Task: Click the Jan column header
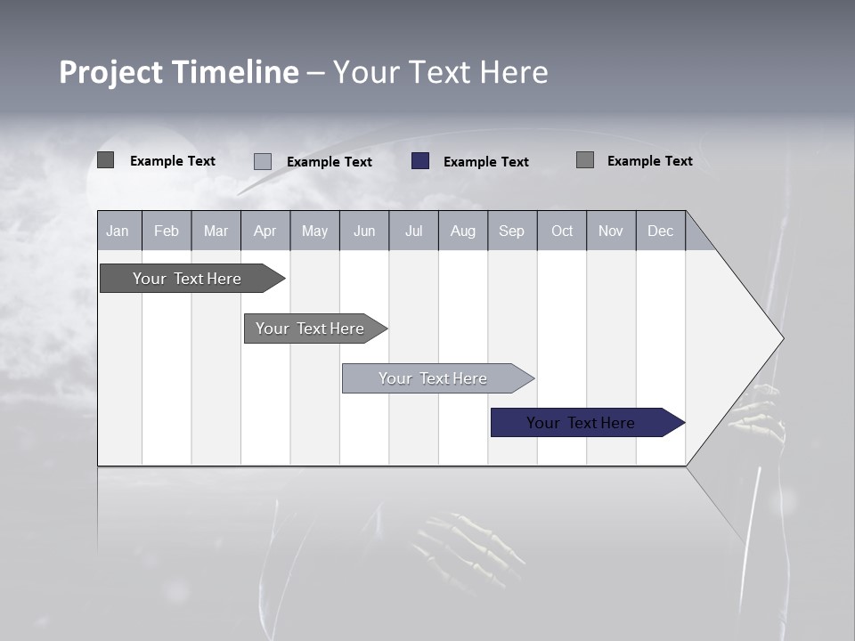(118, 231)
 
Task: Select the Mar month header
(216, 231)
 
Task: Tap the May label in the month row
(314, 231)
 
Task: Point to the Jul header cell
(413, 231)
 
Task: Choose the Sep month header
(511, 231)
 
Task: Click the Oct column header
(562, 231)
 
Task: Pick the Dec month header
(660, 231)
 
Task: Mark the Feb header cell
(167, 231)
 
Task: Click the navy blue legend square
(420, 161)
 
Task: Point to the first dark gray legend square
(106, 160)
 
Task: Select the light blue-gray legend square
(263, 161)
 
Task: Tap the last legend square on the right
(585, 160)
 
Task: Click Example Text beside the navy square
(485, 162)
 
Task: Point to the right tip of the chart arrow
(781, 338)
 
